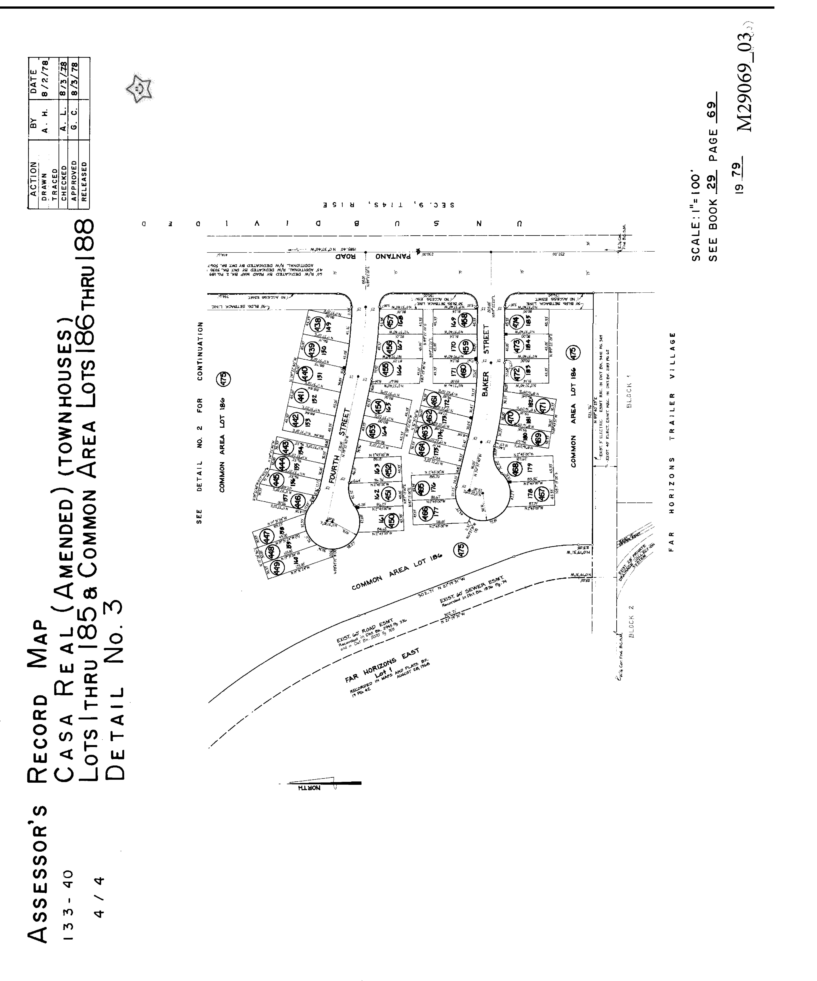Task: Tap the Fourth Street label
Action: (x=339, y=446)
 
